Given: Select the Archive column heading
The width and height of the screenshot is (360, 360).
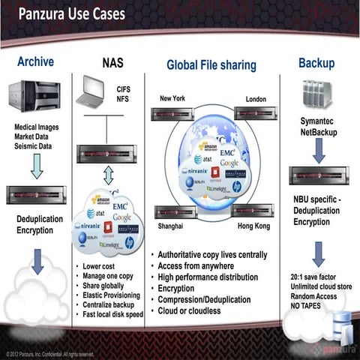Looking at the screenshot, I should [x=35, y=61].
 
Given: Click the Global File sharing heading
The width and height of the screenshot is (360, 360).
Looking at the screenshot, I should [x=211, y=65].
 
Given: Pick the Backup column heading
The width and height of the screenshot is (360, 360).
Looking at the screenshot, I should [x=316, y=62].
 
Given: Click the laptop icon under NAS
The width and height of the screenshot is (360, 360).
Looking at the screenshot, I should [x=103, y=91].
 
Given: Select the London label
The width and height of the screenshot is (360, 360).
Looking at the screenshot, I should [x=256, y=99].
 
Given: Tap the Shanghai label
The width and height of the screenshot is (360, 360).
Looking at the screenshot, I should [x=171, y=225].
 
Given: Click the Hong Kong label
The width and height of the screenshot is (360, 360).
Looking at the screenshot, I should [x=253, y=225].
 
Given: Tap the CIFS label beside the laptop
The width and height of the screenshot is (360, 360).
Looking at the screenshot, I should [x=123, y=88].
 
